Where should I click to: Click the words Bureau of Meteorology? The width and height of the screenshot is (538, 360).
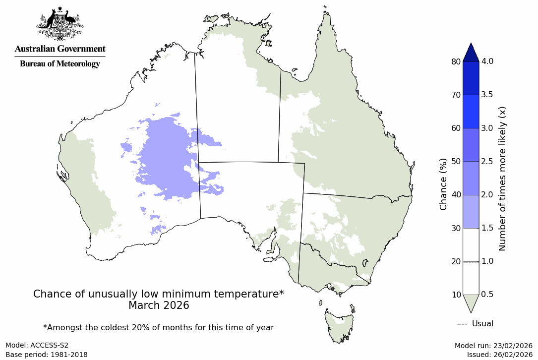click(60, 64)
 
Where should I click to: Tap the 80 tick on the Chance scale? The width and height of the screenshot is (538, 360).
click(455, 61)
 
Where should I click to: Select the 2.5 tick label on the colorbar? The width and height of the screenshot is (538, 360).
click(487, 162)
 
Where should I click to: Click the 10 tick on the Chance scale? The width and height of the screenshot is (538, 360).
click(455, 295)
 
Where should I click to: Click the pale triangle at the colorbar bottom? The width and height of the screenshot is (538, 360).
click(471, 302)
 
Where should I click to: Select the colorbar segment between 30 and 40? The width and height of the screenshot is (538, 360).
click(471, 212)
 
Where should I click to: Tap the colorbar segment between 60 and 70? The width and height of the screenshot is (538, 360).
click(471, 112)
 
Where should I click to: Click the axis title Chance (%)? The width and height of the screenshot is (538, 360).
click(443, 184)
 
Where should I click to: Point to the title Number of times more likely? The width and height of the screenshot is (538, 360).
click(502, 178)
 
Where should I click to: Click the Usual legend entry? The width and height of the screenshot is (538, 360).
click(475, 324)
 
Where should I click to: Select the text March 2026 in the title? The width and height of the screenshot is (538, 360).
click(159, 305)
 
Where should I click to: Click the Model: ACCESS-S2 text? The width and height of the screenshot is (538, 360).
click(37, 346)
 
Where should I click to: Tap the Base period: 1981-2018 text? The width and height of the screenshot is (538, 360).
click(46, 355)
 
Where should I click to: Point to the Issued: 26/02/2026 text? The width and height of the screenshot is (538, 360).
click(499, 355)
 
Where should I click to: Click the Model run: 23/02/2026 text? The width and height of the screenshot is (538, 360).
click(493, 346)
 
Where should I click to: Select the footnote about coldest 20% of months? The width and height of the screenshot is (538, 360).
click(159, 327)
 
